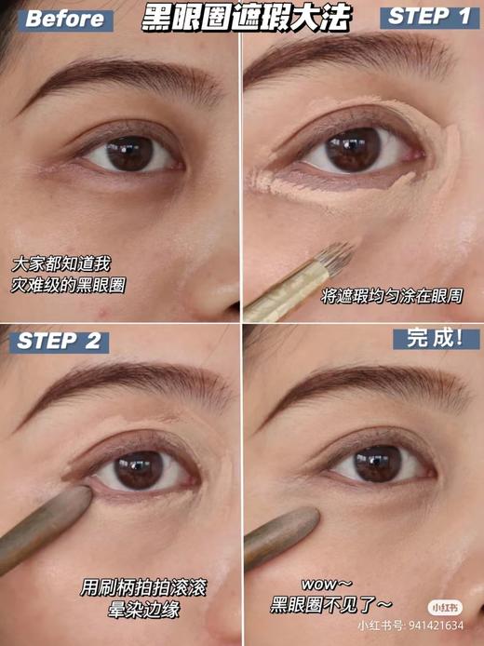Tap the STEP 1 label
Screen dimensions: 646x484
pos(425,17)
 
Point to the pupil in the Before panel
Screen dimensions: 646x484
pos(128,152)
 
